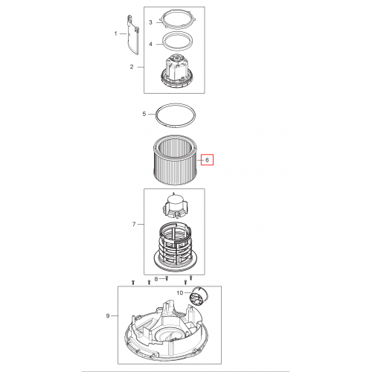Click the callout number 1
coord(115,33)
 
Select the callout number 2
coord(132,67)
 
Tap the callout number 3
coord(150,22)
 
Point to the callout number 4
coord(150,44)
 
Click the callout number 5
coord(144,114)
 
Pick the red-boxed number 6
coord(208,160)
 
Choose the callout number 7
coord(134,224)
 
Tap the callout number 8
coord(156,279)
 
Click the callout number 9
coord(108,315)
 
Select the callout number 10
coord(180,293)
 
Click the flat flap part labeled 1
coord(132,35)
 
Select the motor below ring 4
coord(176,71)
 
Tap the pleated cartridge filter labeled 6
coord(176,160)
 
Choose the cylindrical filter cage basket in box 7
coord(176,248)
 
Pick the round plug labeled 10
coord(199,295)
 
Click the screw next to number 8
coord(167,278)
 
